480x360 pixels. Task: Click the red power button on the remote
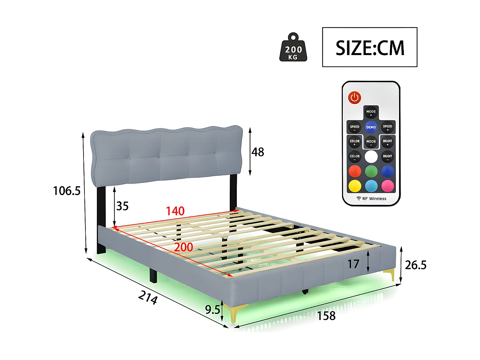click(355, 98)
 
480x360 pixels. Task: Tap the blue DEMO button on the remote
click(371, 127)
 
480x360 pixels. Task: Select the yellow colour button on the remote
click(355, 186)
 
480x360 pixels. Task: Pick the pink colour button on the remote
click(388, 186)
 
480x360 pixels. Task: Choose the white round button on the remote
click(371, 157)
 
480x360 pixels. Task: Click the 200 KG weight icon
click(293, 48)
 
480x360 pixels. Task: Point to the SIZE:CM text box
click(370, 47)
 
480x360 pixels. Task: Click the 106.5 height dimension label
click(67, 191)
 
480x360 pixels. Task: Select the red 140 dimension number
click(175, 211)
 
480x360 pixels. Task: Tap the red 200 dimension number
click(183, 247)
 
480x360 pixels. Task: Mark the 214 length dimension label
click(148, 297)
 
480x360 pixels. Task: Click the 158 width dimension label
click(326, 316)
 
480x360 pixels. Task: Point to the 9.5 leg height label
click(212, 310)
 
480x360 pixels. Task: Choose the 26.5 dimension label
click(415, 265)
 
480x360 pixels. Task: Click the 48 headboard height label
click(258, 152)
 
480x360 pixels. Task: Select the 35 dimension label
click(122, 206)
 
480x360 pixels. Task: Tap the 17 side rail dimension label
click(353, 264)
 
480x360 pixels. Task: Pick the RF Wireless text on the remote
click(374, 199)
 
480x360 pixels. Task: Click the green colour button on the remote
click(371, 171)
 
